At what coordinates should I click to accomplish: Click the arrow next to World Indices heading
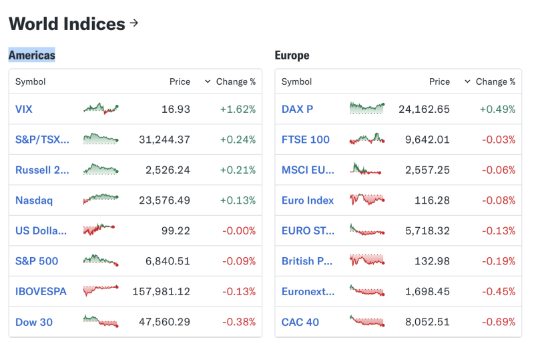point(134,23)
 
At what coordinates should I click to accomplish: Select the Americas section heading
point(31,55)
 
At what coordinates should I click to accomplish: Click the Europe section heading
point(292,55)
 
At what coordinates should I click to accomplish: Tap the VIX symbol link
point(24,109)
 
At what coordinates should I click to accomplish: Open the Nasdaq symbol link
point(34,200)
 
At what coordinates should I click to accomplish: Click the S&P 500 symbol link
point(37,261)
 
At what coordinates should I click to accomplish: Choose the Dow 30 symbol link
point(34,322)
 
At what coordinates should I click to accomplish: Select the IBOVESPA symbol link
point(41,291)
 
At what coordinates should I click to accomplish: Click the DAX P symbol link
point(297,109)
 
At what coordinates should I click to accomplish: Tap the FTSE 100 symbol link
point(306,140)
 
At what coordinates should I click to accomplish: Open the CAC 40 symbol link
point(300,322)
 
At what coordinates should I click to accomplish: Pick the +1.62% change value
point(238,109)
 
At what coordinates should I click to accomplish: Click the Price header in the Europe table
point(439,81)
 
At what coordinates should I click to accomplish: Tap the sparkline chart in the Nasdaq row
point(101,199)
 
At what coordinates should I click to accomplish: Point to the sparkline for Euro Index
point(367,200)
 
